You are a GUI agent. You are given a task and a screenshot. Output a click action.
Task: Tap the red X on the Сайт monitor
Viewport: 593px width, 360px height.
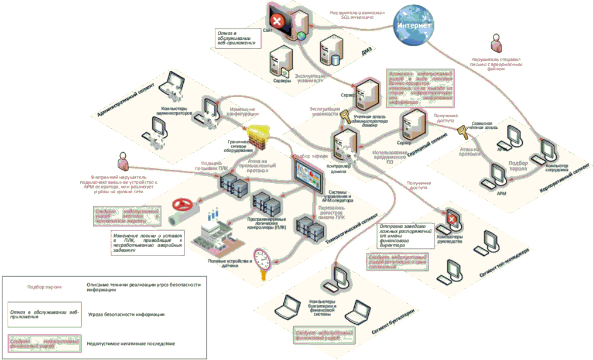[x=280, y=22]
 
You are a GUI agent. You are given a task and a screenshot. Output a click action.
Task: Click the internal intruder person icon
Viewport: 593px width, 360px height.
[x=123, y=160]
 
